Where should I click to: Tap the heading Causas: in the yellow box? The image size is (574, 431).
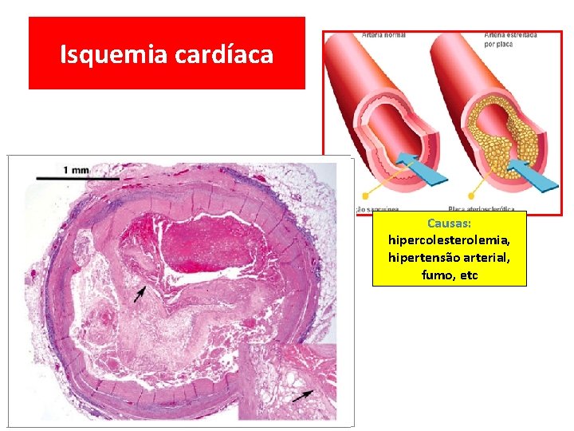pos(450,223)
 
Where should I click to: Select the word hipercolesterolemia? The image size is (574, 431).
pos(450,239)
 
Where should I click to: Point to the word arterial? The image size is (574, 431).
pos(489,257)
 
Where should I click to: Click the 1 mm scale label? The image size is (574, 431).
pos(77,169)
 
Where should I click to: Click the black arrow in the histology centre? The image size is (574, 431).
pos(140,295)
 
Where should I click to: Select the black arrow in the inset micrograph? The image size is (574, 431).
pos(302,395)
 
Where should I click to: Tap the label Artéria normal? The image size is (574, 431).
pos(383,35)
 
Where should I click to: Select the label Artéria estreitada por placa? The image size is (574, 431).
pos(510,39)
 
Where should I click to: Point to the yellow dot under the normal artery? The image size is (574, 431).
pos(367,194)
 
